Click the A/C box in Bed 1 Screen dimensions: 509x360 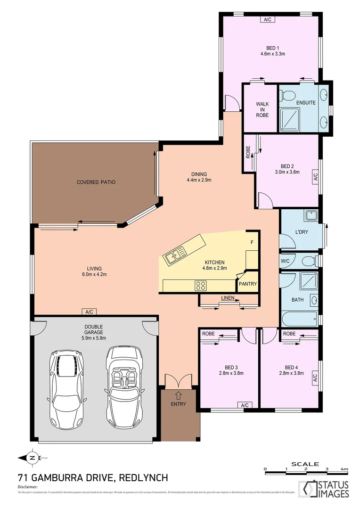click(x=268, y=19)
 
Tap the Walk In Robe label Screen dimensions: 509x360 click(x=262, y=109)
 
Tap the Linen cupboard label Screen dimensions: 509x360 click(x=228, y=298)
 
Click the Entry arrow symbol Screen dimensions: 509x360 click(x=178, y=394)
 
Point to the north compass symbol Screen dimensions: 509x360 click(x=32, y=457)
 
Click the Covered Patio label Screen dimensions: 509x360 click(x=96, y=182)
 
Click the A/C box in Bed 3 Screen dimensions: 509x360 click(x=245, y=405)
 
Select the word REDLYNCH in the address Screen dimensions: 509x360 click(x=144, y=478)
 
